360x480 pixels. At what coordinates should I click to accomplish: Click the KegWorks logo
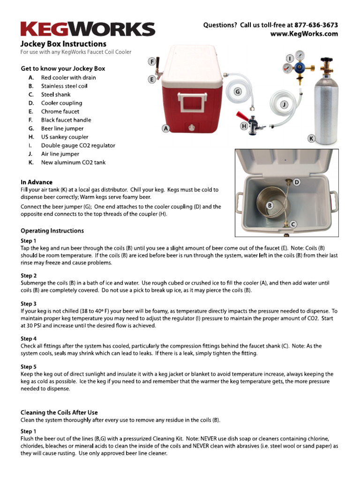pos(87,29)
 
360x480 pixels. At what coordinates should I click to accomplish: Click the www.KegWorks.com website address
pos(304,34)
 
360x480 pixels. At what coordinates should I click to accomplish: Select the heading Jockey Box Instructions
pos(63,44)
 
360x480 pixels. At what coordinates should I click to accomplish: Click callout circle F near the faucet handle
pos(152,61)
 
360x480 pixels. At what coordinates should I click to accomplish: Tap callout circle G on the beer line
pos(238,92)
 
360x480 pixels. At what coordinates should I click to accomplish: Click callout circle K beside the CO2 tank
pos(312,138)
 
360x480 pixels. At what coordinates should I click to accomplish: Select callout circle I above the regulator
pos(290,58)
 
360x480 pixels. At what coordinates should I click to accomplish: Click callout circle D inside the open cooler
pos(297,181)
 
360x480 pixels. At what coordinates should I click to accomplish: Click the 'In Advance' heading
pos(37,182)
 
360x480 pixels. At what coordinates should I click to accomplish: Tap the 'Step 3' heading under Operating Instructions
pos(29,304)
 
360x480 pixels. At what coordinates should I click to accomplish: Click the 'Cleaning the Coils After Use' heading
pos(59,412)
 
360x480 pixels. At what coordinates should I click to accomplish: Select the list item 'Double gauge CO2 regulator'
pos(78,145)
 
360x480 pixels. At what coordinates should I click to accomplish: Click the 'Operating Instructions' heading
pos(52,231)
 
